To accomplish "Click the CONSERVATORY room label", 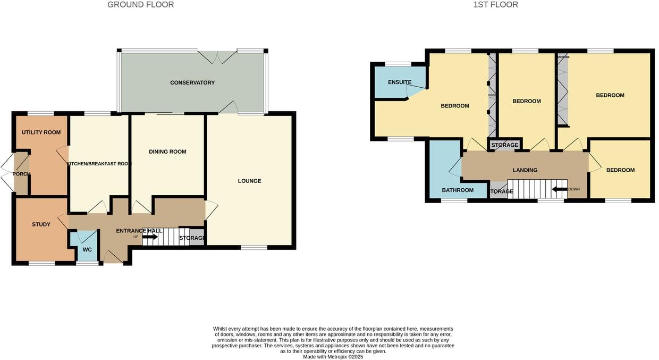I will (x=192, y=82).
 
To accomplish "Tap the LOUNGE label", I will (x=249, y=181).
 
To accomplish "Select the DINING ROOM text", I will (x=167, y=152).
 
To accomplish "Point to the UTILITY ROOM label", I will (x=41, y=132).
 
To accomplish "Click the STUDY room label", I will (x=41, y=224).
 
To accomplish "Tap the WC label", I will (x=87, y=249).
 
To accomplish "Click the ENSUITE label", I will (x=400, y=82).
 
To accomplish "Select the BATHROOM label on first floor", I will (x=458, y=190).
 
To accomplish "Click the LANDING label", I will (x=525, y=170).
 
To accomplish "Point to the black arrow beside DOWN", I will (x=560, y=189).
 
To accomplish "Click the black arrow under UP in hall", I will (x=150, y=237).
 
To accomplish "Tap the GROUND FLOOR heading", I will (x=140, y=5).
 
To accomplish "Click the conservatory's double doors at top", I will (x=217, y=57).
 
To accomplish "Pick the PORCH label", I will (x=22, y=174).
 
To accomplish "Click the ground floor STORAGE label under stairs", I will (x=192, y=238).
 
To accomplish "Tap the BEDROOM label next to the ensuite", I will (x=455, y=106).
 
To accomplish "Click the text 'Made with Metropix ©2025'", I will (x=333, y=357).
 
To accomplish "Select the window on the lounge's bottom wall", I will (x=254, y=247).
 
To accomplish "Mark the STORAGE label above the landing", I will (x=504, y=145).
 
